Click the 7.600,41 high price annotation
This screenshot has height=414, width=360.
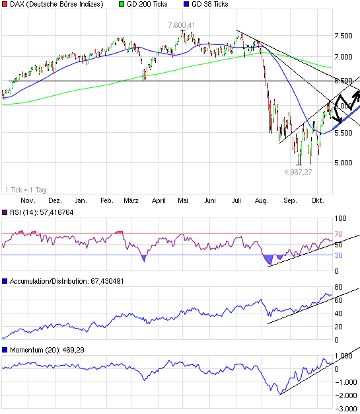tap(181, 25)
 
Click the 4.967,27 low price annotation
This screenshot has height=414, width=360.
tap(299, 172)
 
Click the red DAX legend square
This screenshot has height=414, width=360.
tap(5, 4)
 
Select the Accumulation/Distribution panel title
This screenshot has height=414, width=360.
tap(69, 282)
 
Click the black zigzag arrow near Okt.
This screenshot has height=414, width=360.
tap(346, 103)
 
